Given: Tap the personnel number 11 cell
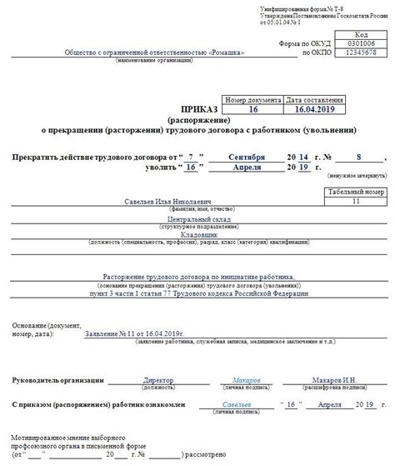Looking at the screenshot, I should (356, 201).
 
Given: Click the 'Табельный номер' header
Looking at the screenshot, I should (356, 192).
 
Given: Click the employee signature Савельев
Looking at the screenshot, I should (236, 403).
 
